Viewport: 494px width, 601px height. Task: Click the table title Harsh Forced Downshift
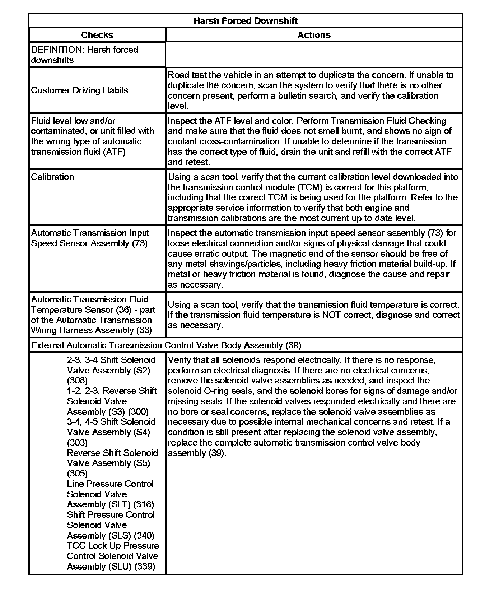click(246, 21)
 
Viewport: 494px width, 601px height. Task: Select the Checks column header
click(97, 35)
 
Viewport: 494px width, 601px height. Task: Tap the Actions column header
click(314, 35)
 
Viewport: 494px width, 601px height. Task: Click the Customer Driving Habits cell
click(80, 90)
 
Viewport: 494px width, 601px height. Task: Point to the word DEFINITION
click(57, 50)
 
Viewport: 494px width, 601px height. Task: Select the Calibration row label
click(52, 177)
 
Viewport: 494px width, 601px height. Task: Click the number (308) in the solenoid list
click(77, 380)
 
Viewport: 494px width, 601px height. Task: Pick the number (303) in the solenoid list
click(77, 442)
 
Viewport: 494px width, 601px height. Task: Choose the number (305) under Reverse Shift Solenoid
click(77, 473)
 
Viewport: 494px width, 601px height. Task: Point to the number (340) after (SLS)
click(144, 535)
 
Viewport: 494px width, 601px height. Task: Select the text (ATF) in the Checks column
click(114, 152)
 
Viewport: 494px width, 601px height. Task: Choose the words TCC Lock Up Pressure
click(113, 545)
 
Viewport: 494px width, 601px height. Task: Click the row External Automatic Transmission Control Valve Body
click(166, 345)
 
